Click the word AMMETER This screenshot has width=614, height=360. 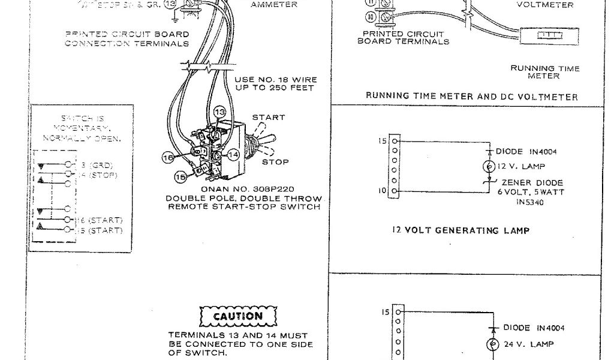(x=273, y=5)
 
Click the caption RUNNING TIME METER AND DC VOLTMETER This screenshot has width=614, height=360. (x=472, y=96)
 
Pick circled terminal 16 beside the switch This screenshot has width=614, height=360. (x=168, y=157)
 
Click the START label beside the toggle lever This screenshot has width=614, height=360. (x=268, y=118)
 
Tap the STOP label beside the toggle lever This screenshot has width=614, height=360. (x=276, y=162)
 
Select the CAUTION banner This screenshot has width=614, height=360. (x=238, y=316)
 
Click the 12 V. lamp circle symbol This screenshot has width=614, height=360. (x=489, y=166)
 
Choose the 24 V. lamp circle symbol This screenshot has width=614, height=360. (x=495, y=344)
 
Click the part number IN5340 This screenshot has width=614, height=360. (x=529, y=202)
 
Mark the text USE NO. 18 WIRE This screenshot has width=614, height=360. (x=275, y=79)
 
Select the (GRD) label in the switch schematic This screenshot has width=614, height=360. (x=101, y=165)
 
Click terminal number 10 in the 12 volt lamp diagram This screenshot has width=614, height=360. (x=382, y=191)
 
